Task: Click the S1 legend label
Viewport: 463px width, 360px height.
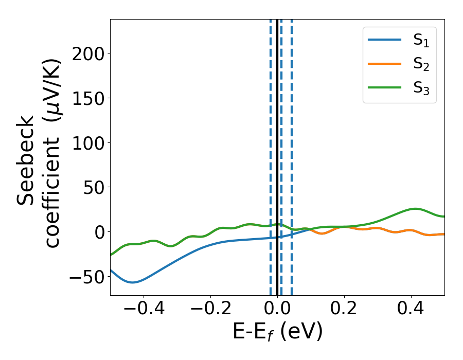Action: point(421,41)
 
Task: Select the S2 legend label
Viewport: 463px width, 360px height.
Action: point(421,64)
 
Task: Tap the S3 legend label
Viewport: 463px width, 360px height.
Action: point(421,88)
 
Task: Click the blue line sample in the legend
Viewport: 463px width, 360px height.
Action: point(385,40)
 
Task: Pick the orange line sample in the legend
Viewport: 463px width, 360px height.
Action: point(385,64)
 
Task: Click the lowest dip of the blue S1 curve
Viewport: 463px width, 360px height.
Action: point(132,282)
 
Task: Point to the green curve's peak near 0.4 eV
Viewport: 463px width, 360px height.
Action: point(415,209)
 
